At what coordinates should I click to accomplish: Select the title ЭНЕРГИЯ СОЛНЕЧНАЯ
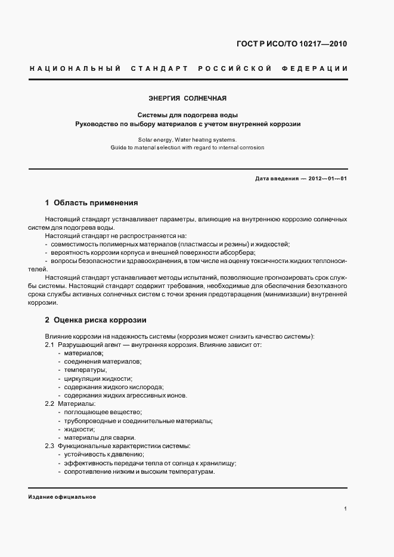click(x=188, y=98)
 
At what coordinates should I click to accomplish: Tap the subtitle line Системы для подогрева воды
click(x=188, y=115)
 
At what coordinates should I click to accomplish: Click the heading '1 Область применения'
click(x=92, y=202)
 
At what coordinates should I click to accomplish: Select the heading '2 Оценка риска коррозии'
click(x=96, y=320)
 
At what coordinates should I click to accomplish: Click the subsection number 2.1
click(x=50, y=345)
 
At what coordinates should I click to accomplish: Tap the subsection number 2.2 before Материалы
click(x=50, y=404)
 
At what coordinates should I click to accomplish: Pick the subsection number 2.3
click(x=50, y=446)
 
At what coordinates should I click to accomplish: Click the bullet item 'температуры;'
click(x=85, y=370)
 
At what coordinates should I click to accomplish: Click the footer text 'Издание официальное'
click(x=62, y=497)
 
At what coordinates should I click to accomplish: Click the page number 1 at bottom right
click(x=345, y=509)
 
